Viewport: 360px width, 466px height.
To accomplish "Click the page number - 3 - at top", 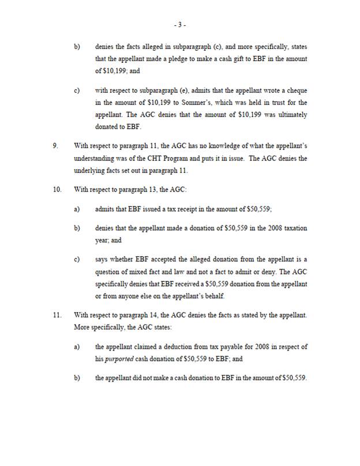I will pyautogui.click(x=180, y=25).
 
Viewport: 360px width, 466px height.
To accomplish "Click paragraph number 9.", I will pyautogui.click(x=55, y=146).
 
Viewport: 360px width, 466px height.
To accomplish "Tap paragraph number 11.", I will pyautogui.click(x=57, y=315).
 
